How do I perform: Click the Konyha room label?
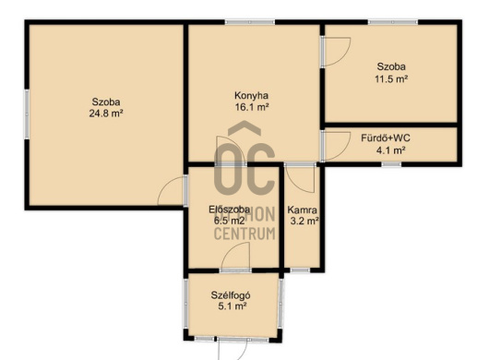pyautogui.click(x=251, y=95)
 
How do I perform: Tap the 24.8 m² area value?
pyautogui.click(x=106, y=114)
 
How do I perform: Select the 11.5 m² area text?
pyautogui.click(x=391, y=79)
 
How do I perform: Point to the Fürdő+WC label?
pyautogui.click(x=386, y=138)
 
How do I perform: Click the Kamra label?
pyautogui.click(x=302, y=210)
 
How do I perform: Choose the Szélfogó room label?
pyautogui.click(x=231, y=295)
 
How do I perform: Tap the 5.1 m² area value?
pyautogui.click(x=233, y=306)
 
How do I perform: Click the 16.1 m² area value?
pyautogui.click(x=252, y=107)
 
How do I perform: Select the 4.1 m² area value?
pyautogui.click(x=391, y=150)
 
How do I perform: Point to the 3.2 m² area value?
pyautogui.click(x=304, y=222)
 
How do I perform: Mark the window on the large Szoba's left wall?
pyautogui.click(x=27, y=114)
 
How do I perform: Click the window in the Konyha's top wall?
pyautogui.click(x=250, y=22)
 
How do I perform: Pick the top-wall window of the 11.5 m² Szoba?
pyautogui.click(x=393, y=22)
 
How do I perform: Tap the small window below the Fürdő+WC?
pyautogui.click(x=391, y=164)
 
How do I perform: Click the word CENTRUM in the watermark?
pyautogui.click(x=244, y=234)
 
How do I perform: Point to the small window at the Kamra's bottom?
pyautogui.click(x=300, y=270)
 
